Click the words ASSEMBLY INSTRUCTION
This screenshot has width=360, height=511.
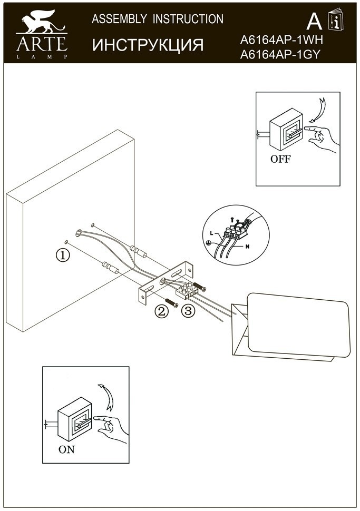158,19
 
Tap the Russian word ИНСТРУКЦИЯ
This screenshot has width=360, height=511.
148,45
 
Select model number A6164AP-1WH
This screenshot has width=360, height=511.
280,40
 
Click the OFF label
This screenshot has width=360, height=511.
280,159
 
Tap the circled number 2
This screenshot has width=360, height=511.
161,311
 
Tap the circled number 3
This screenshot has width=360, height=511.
188,311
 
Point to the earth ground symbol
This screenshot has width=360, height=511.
209,243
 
